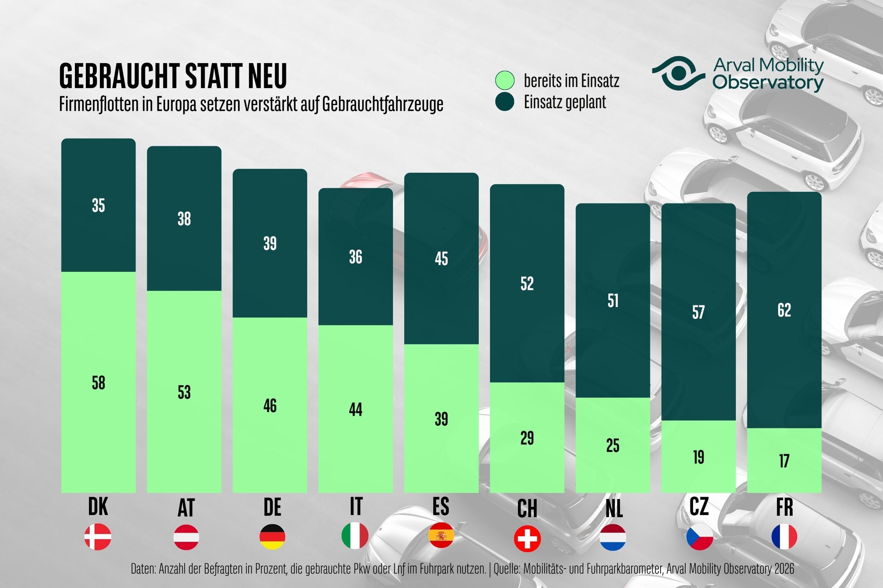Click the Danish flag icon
click(x=97, y=537)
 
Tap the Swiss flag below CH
click(x=527, y=539)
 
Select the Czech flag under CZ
click(x=699, y=537)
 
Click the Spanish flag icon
click(x=441, y=535)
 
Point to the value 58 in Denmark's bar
click(x=98, y=383)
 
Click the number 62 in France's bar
click(x=784, y=310)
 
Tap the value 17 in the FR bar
click(x=784, y=461)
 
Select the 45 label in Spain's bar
click(x=441, y=259)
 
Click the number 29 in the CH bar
click(x=527, y=438)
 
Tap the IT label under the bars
click(x=356, y=507)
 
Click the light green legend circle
click(x=505, y=80)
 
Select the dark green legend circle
click(x=505, y=102)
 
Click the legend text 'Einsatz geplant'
click(x=565, y=102)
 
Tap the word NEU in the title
click(x=267, y=76)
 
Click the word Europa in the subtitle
click(x=176, y=104)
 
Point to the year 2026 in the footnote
click(x=784, y=569)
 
